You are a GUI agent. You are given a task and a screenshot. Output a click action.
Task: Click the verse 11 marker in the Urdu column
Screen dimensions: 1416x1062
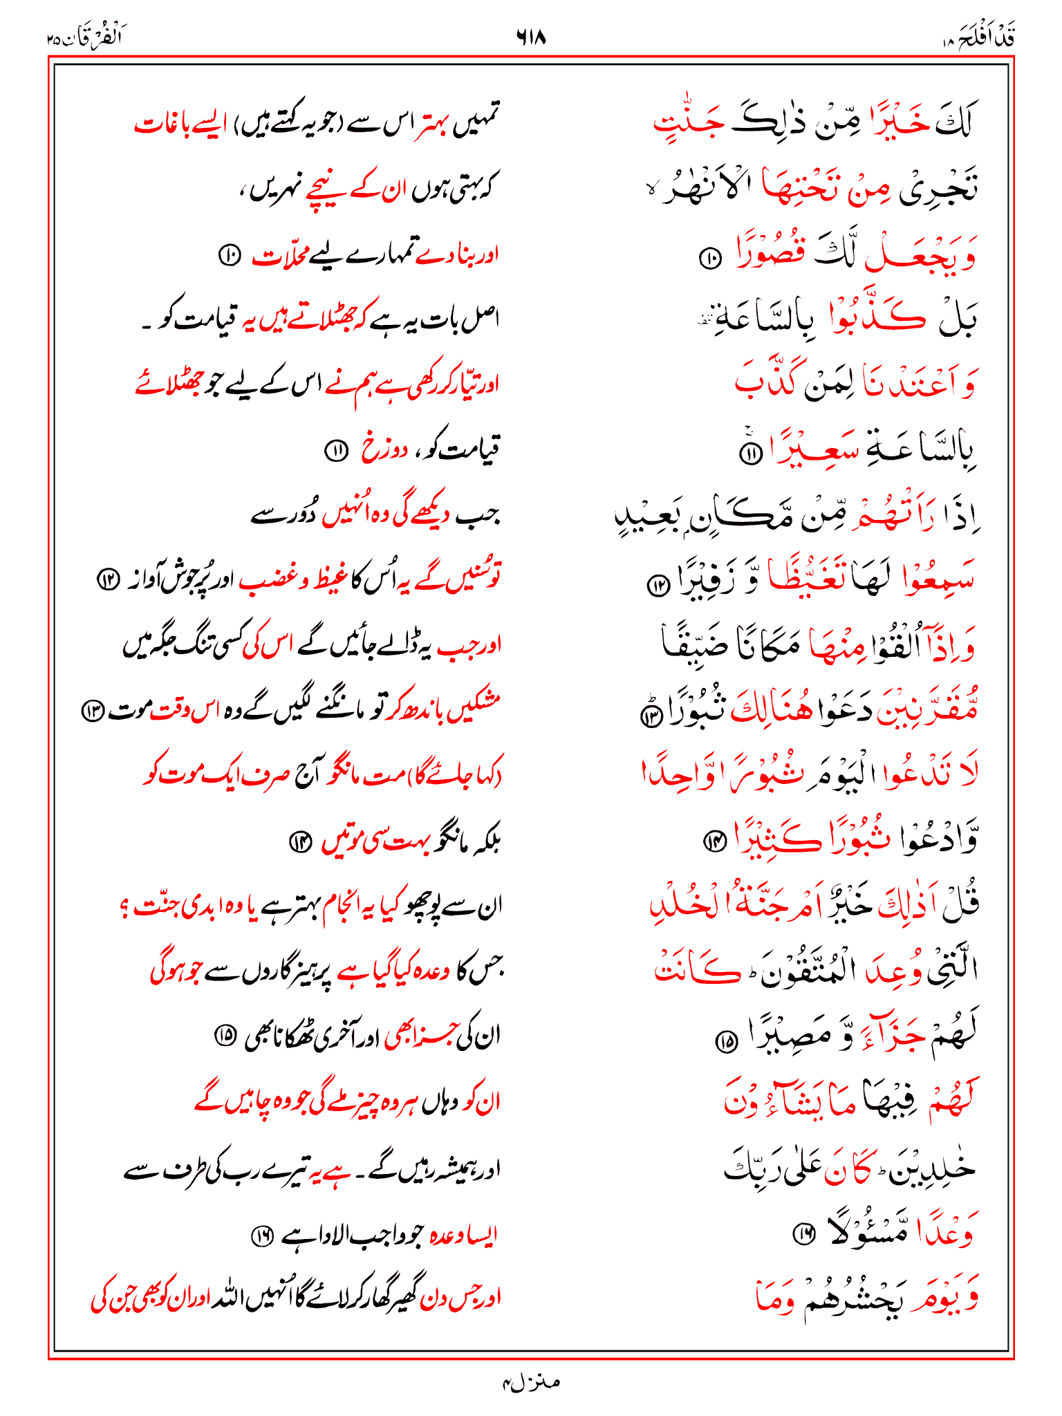point(336,451)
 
